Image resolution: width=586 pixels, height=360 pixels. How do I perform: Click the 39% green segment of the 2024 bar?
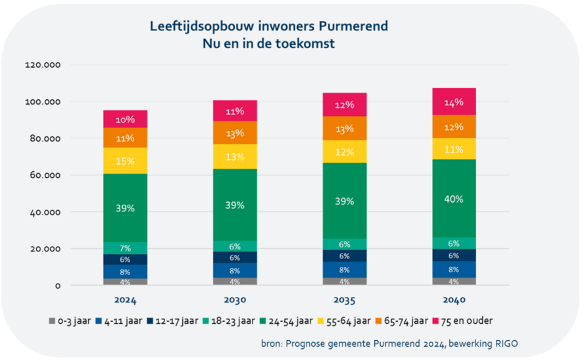coord(125,208)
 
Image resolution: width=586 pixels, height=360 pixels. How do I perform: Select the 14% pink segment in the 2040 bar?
coord(454,102)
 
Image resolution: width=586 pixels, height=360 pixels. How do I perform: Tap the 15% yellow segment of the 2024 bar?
coord(125,161)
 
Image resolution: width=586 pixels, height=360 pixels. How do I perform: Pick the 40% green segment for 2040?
coord(454,199)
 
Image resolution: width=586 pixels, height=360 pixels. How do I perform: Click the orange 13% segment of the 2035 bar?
coord(345,128)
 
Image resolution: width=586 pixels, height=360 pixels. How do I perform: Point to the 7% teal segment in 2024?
coord(125,248)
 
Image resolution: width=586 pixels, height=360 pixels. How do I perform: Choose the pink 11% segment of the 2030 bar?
coord(235,111)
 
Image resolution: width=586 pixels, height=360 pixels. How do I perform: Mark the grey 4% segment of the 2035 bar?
coord(345,282)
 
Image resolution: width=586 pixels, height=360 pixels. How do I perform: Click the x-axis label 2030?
coord(235,300)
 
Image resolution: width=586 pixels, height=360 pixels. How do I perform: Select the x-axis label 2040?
coord(454,300)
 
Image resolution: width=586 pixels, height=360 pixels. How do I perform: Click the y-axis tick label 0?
coord(57,286)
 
